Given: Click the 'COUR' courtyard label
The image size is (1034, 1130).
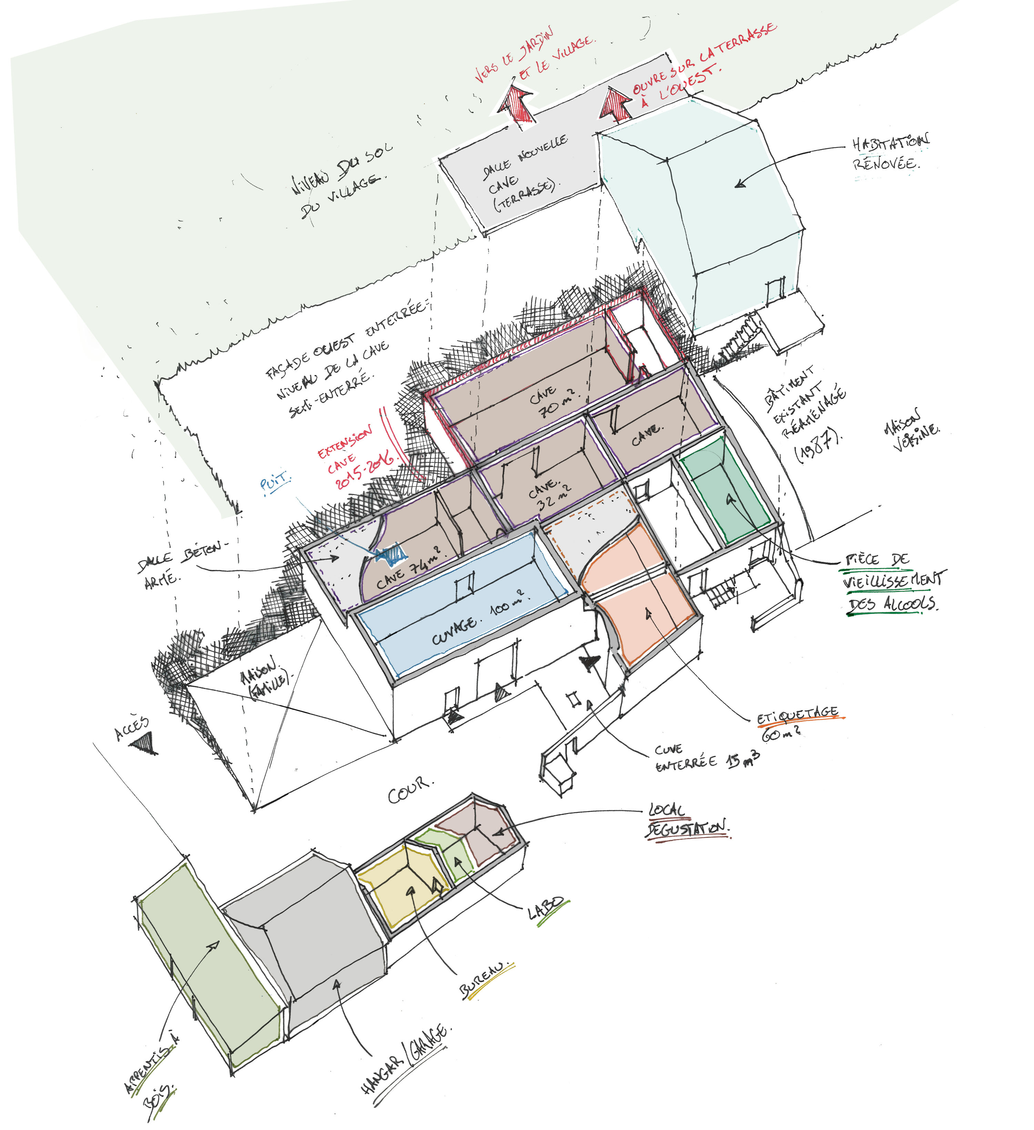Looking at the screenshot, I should (x=410, y=790).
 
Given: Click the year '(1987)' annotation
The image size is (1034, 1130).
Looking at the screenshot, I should (x=819, y=446).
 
